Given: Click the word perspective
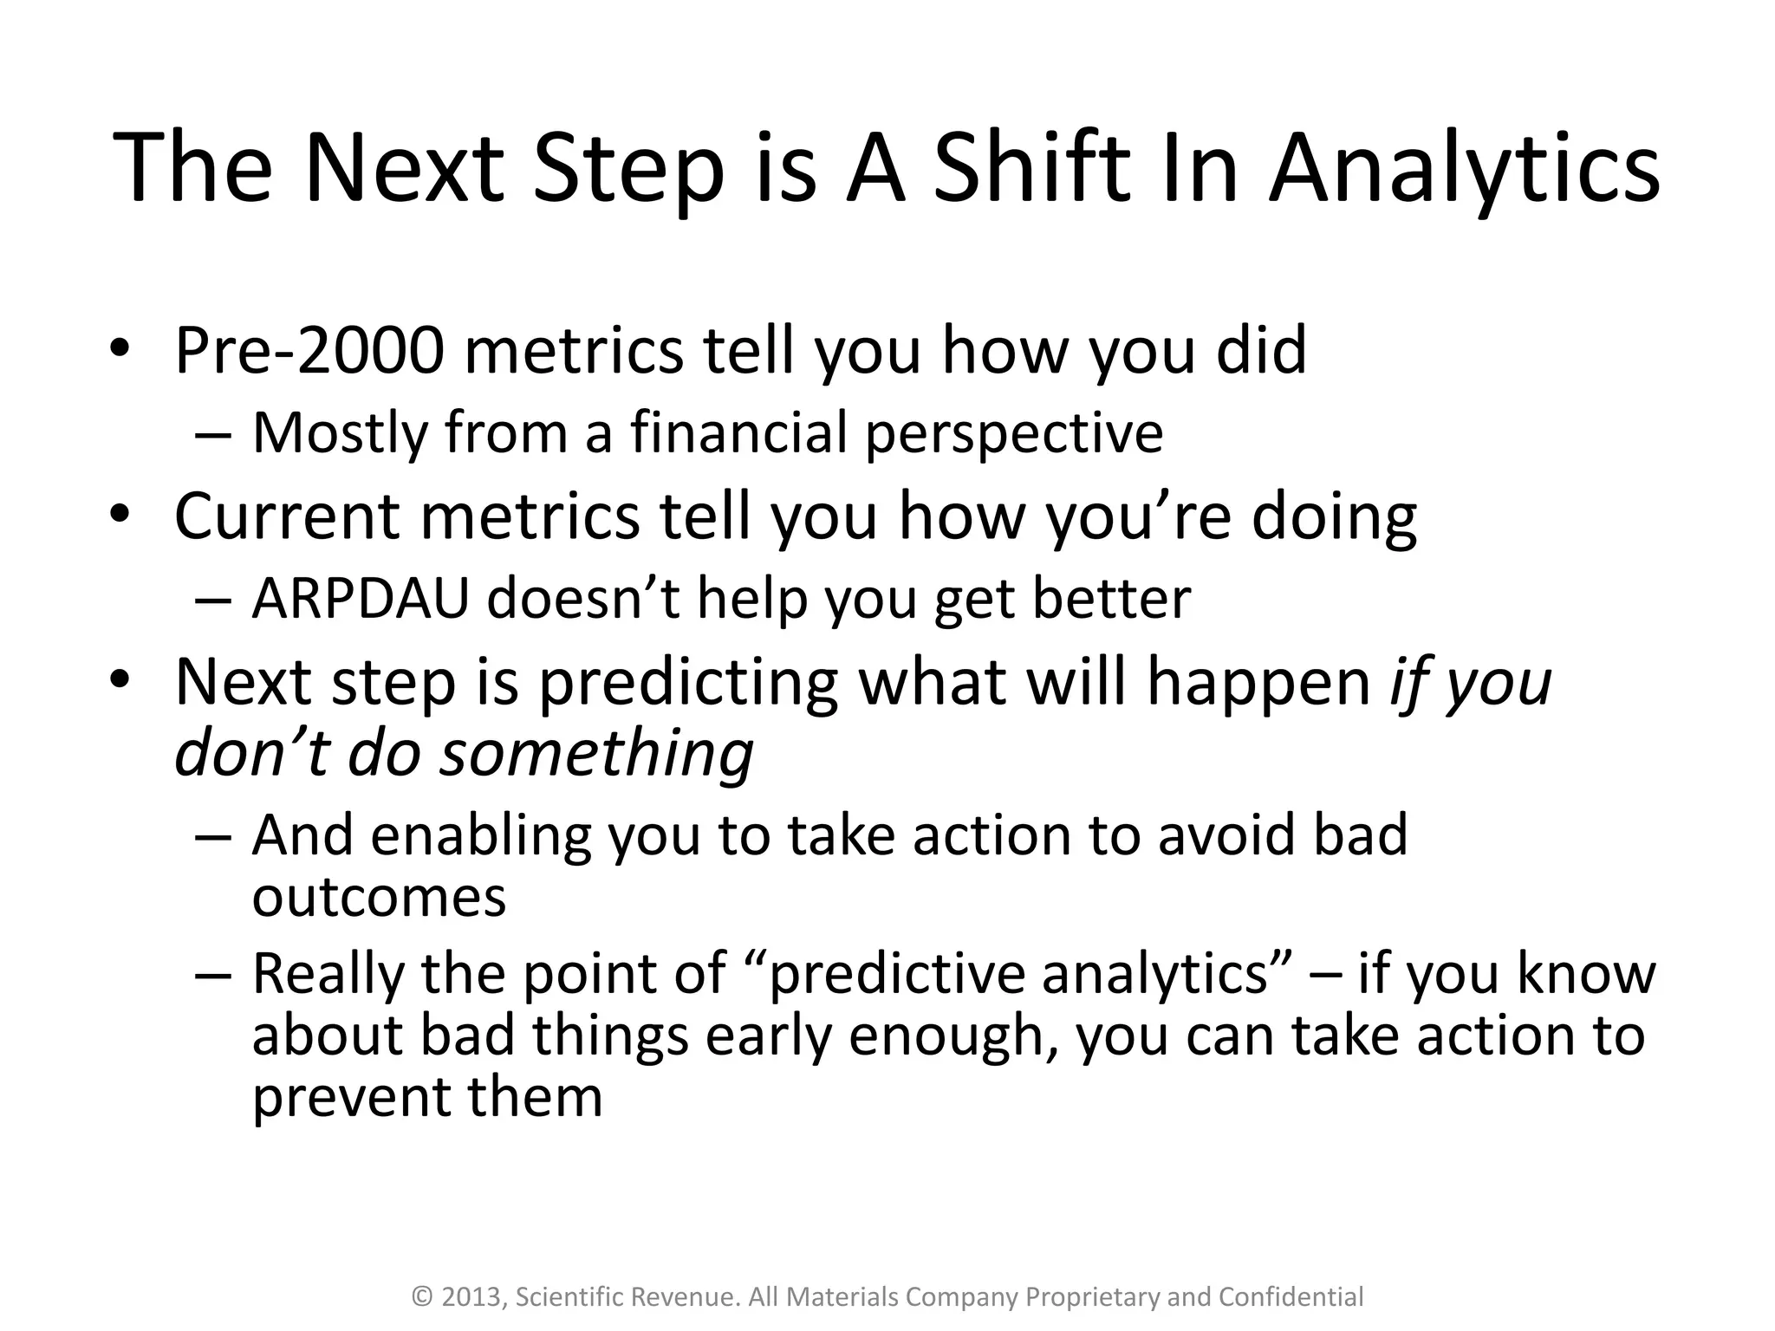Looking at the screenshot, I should (1014, 433).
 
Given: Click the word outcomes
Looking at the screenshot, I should (379, 897).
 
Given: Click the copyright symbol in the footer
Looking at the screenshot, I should (422, 1297).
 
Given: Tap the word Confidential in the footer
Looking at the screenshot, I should (1291, 1297).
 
